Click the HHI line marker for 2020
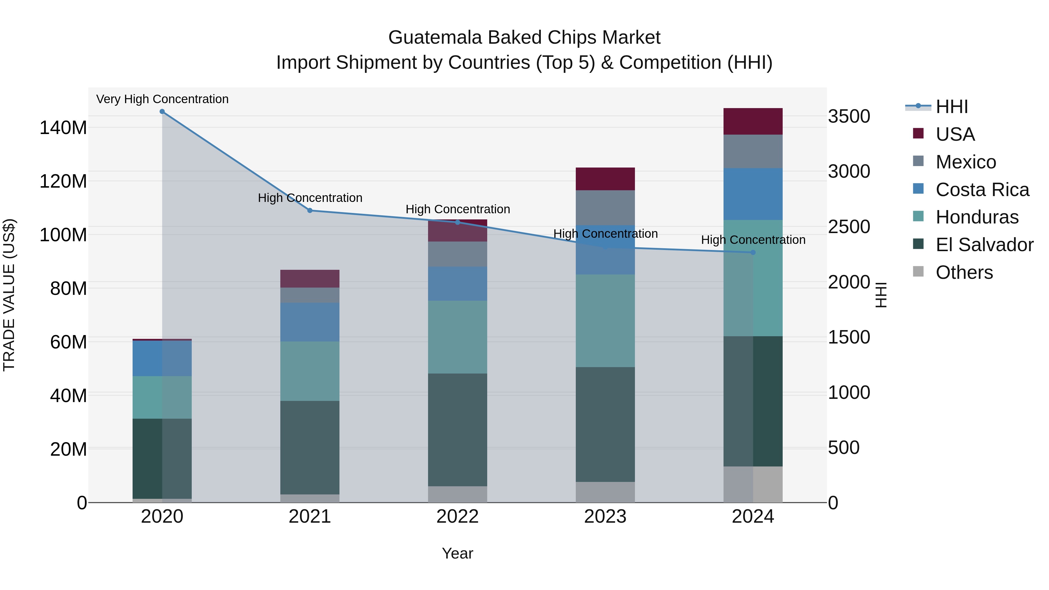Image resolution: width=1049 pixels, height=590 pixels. [162, 112]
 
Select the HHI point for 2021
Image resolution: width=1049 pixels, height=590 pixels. [310, 211]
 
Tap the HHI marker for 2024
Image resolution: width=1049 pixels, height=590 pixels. [753, 252]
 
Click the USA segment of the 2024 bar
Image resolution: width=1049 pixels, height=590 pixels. [753, 121]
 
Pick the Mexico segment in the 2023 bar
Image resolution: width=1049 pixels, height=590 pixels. [605, 208]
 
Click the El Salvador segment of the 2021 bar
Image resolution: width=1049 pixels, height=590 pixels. [310, 448]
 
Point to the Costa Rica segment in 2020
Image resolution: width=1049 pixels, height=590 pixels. [162, 358]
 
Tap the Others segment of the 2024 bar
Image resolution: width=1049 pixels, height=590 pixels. [753, 484]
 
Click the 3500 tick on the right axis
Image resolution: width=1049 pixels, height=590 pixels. [849, 117]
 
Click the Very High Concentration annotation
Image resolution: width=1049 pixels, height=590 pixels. [162, 99]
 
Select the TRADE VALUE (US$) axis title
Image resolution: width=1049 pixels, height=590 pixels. [9, 295]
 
